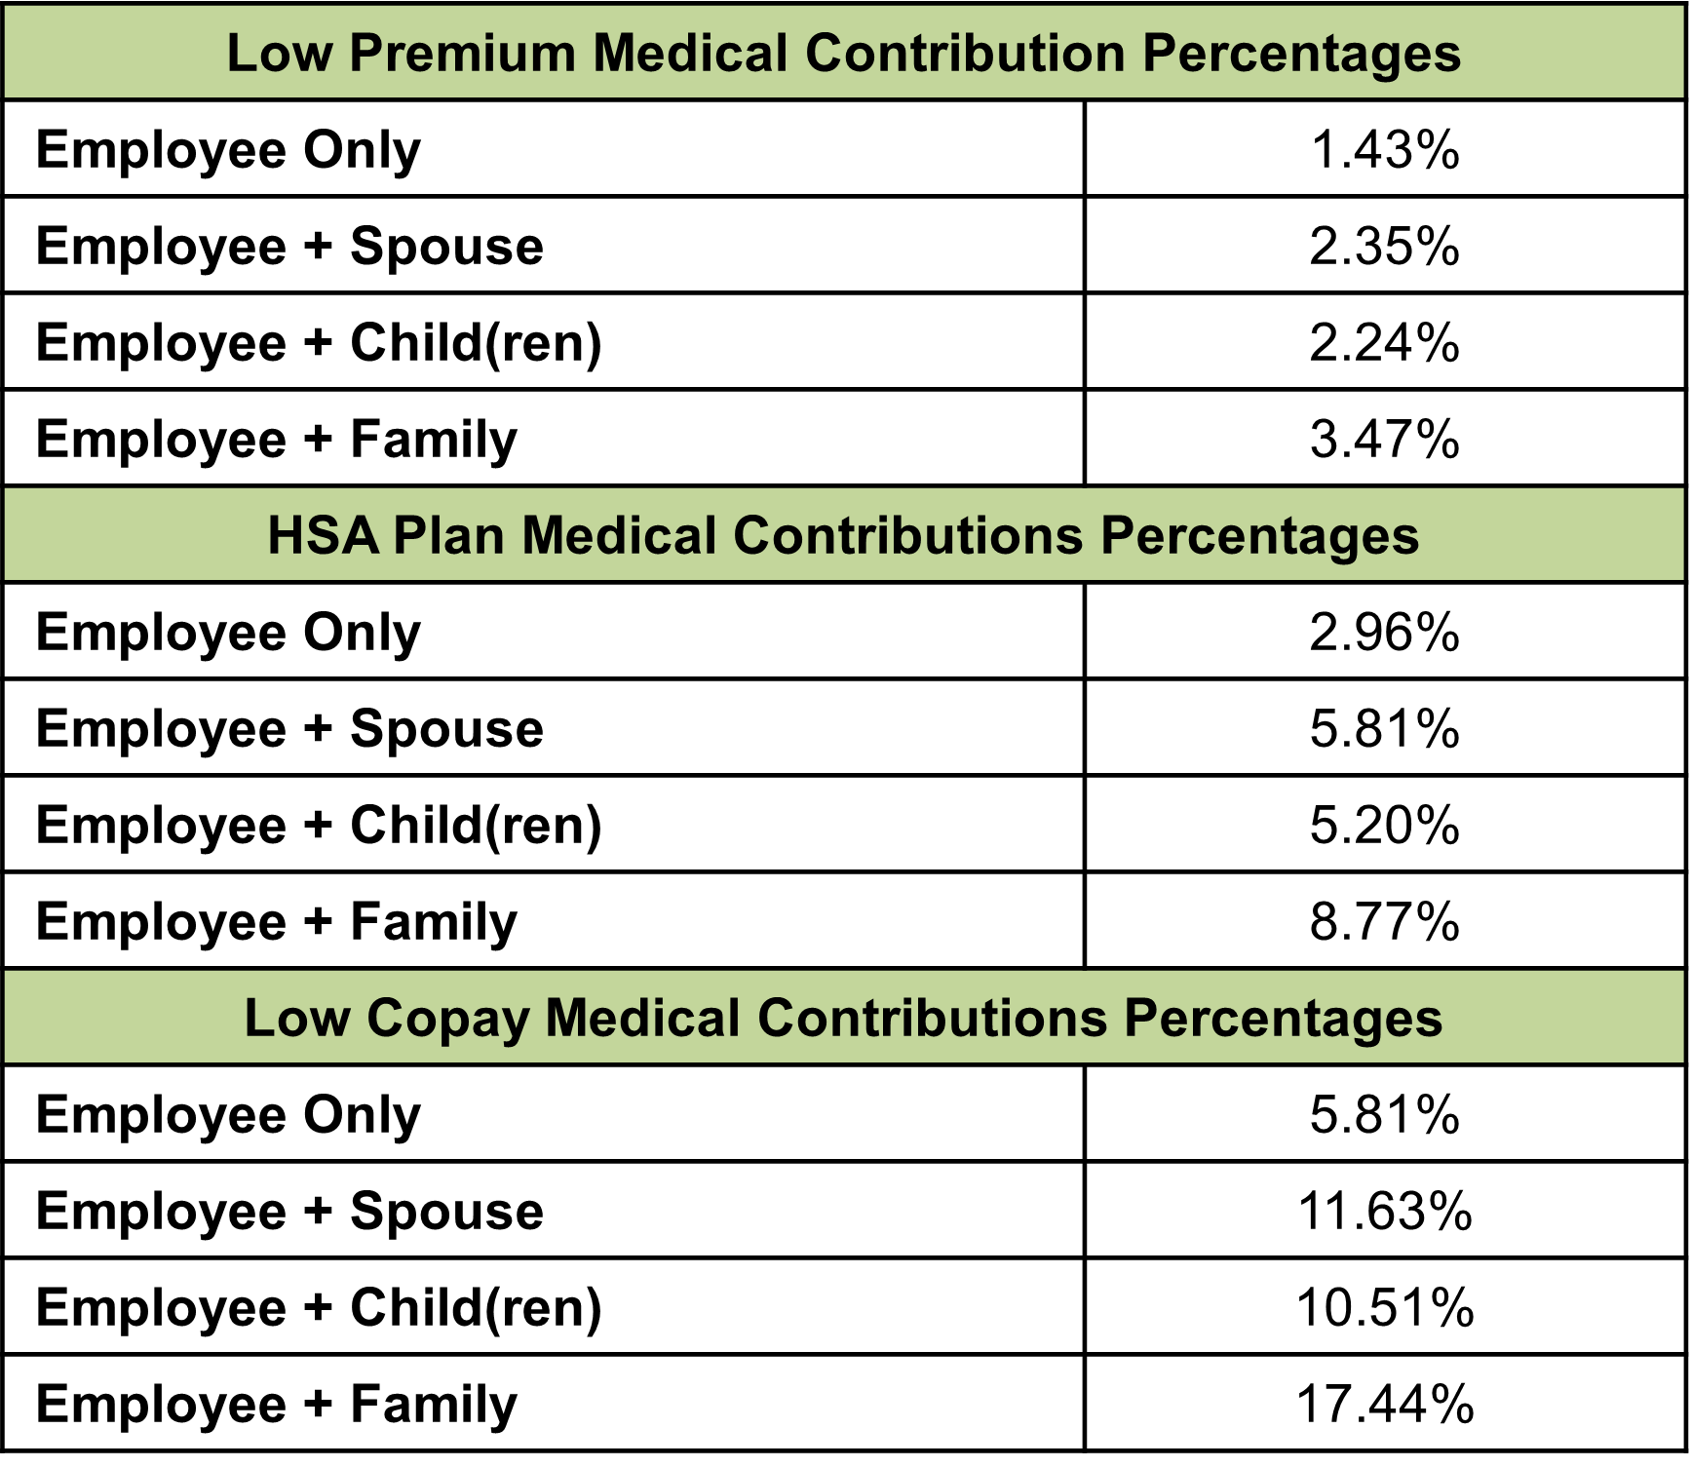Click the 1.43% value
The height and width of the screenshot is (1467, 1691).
coord(1384,150)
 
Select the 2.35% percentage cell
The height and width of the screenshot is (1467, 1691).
coord(1384,246)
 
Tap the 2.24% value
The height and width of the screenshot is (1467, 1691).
coord(1384,342)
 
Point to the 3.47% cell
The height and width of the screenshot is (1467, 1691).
coord(1384,439)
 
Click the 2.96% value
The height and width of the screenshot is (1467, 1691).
coord(1384,632)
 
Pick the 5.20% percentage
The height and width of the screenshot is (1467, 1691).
coord(1384,825)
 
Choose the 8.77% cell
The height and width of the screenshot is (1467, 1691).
coord(1384,921)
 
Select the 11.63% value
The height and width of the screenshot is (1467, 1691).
coord(1384,1211)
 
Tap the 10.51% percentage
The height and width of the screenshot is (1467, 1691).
coord(1384,1307)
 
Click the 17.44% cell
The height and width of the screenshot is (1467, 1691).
coord(1384,1404)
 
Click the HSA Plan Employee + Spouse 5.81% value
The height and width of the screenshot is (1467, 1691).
coord(1384,728)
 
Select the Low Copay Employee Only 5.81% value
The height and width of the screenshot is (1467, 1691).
coord(1384,1114)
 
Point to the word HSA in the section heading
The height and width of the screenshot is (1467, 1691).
coord(323,536)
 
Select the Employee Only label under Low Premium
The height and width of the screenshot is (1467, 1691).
coord(228,150)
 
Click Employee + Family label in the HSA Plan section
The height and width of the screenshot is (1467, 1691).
coord(277,921)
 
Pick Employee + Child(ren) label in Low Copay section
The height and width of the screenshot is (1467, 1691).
coord(319,1307)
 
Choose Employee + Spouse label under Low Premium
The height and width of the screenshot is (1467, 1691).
coord(289,246)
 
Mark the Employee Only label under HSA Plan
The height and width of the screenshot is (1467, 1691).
coord(228,632)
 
